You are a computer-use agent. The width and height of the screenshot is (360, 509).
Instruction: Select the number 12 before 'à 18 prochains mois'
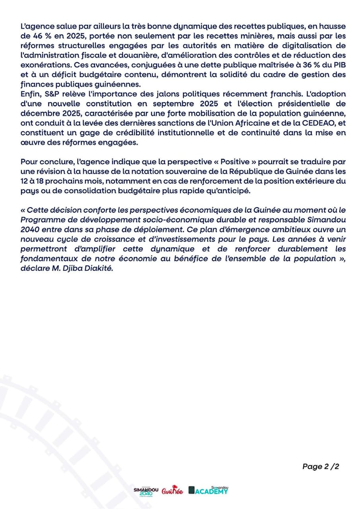(x=23, y=181)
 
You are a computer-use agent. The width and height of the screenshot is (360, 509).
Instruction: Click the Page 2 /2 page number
(x=321, y=466)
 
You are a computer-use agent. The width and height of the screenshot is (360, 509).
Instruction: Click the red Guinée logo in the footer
(x=172, y=492)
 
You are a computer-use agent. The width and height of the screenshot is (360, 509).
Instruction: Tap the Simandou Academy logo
(x=208, y=491)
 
